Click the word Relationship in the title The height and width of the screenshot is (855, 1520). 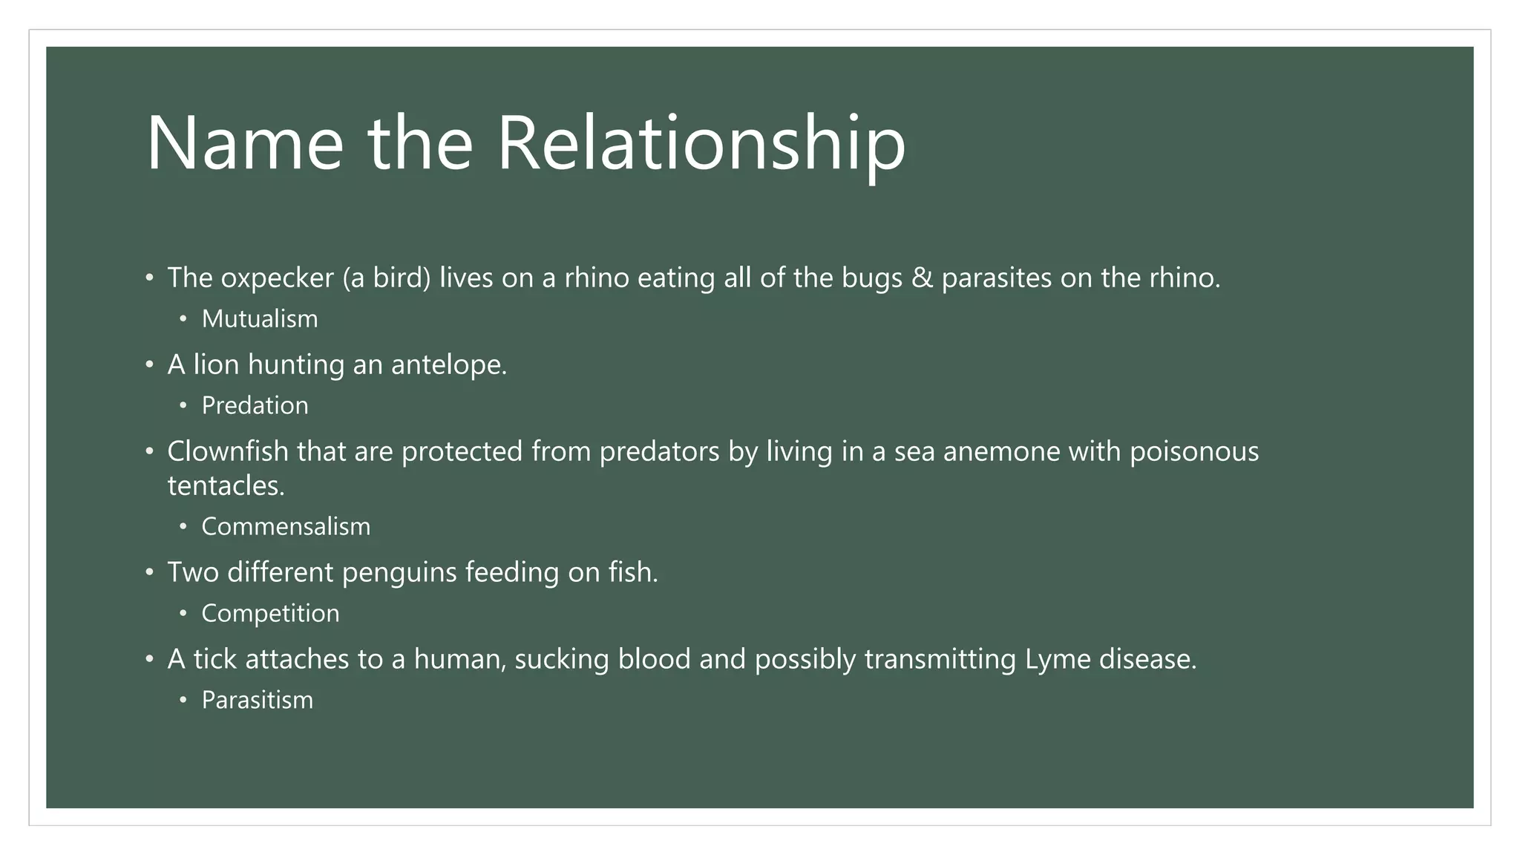pos(701,143)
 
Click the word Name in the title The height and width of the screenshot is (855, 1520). pos(245,143)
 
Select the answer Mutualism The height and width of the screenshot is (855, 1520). pos(260,319)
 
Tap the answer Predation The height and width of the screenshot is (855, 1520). pos(255,406)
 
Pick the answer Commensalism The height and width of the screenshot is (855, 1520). pos(286,527)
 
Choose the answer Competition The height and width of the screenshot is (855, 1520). pos(270,614)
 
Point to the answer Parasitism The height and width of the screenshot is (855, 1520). pos(257,701)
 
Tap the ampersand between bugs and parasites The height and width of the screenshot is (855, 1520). pos(922,278)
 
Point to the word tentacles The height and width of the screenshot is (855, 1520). pos(226,486)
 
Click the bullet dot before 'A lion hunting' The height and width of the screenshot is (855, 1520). pos(149,365)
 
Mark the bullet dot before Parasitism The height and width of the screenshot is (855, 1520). pos(183,701)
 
